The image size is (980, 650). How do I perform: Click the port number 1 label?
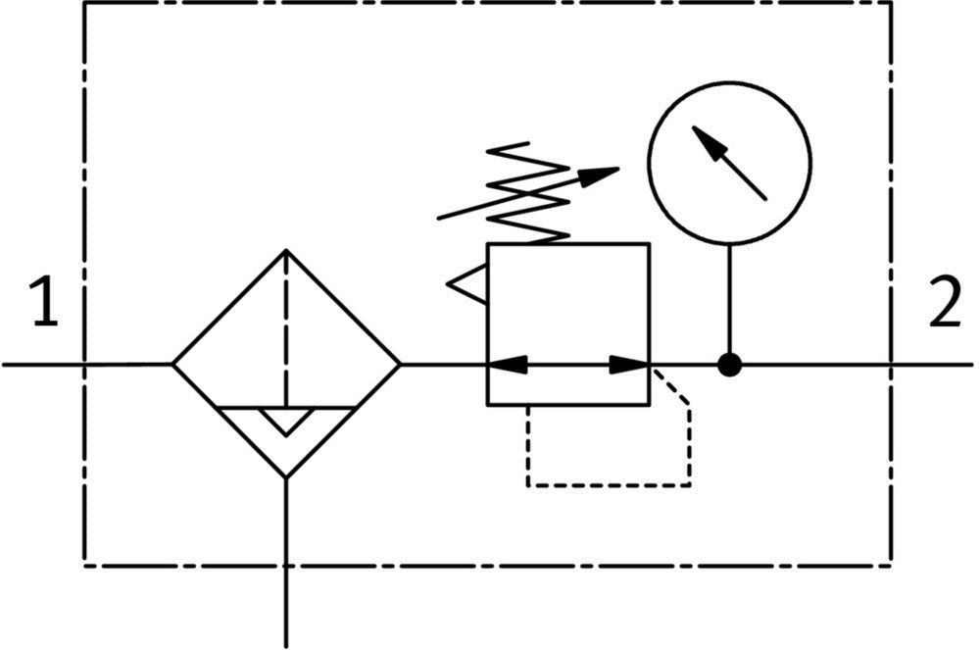44,304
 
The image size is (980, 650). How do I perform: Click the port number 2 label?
945,304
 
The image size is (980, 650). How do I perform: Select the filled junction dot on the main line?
729,365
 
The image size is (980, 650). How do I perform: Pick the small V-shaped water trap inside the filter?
286,420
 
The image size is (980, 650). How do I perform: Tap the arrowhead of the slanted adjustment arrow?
600,175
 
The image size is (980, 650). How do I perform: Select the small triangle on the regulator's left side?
468,284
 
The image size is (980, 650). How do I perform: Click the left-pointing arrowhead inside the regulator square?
506,365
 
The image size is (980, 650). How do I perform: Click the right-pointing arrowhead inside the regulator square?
629,365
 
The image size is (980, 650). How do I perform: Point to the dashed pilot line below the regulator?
608,484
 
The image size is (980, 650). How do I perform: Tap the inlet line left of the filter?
88,365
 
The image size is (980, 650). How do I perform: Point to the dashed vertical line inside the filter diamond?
286,324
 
